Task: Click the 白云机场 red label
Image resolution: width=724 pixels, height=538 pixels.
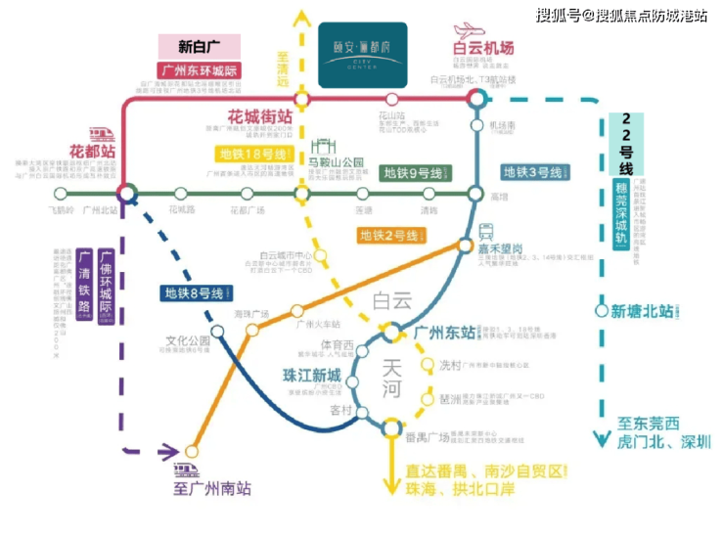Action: [483, 48]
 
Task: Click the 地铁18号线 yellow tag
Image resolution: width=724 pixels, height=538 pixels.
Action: [253, 155]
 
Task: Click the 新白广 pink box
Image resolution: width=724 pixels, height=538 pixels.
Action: [198, 46]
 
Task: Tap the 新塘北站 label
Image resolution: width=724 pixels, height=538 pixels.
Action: [642, 312]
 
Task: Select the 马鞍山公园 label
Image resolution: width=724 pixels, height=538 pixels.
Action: [336, 162]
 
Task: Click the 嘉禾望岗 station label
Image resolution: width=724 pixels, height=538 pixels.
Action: [508, 248]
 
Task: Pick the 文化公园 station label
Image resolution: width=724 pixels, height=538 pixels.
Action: [188, 342]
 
